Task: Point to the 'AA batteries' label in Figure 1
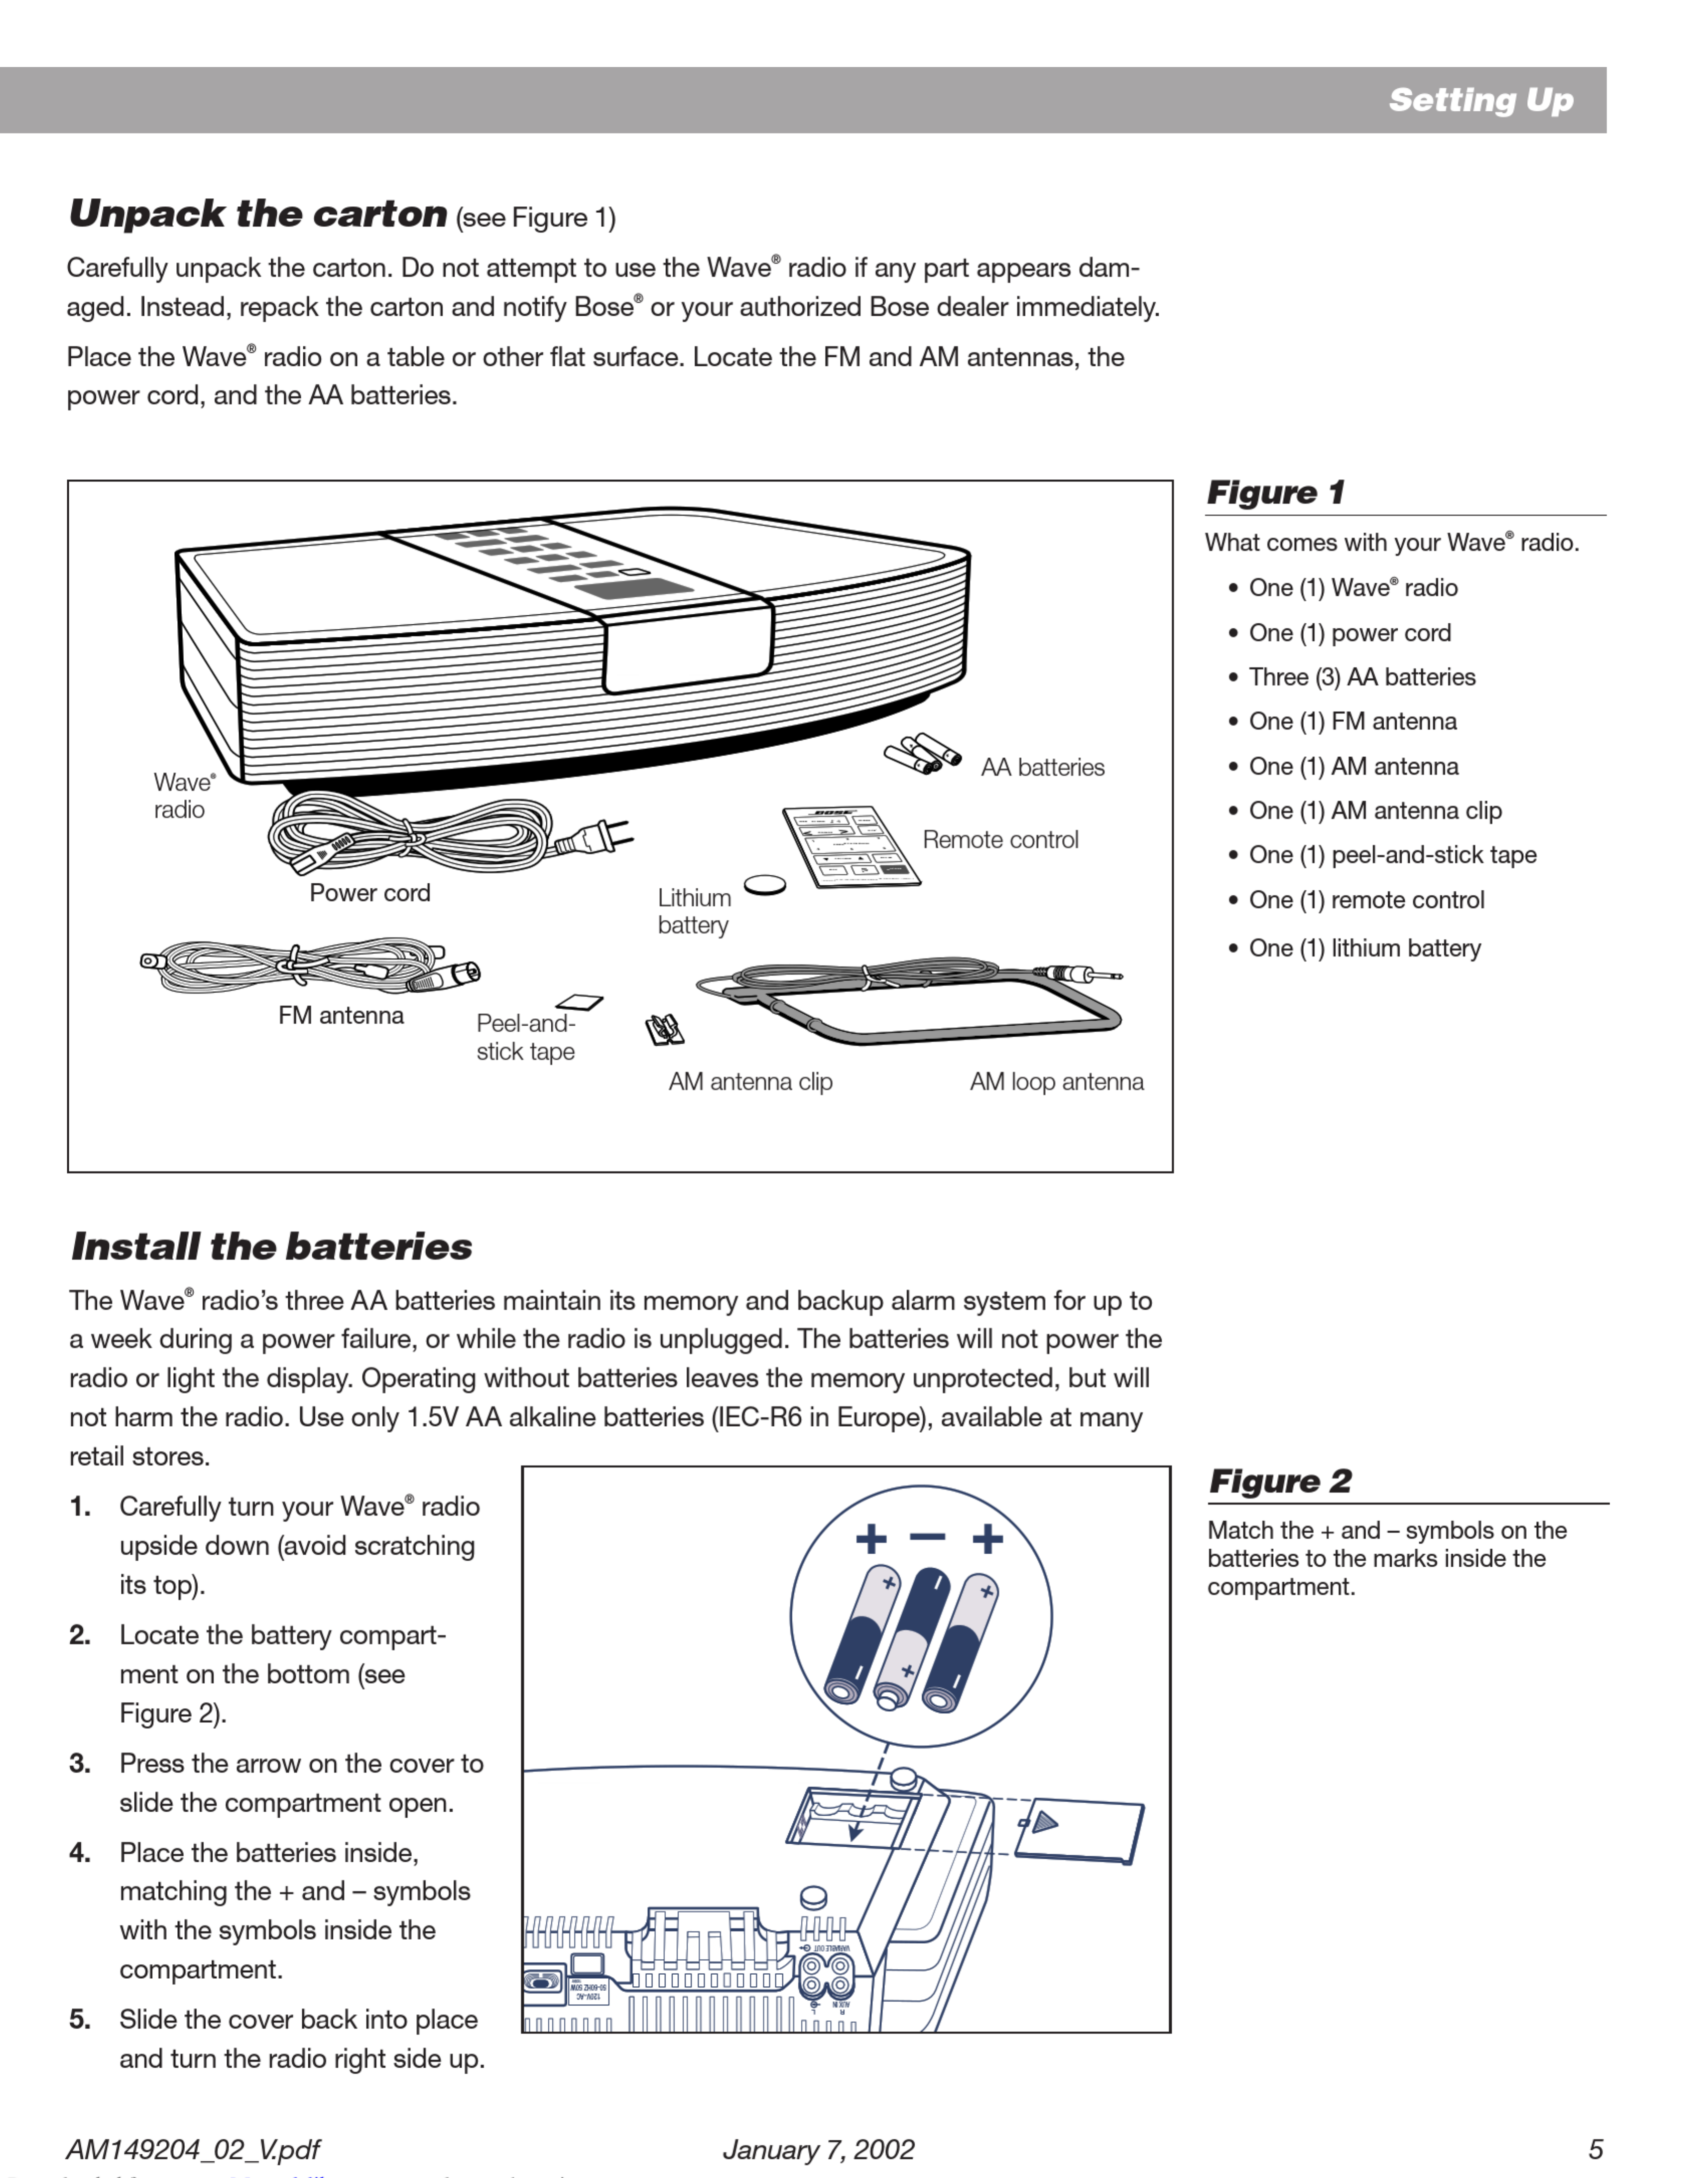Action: pos(1042,767)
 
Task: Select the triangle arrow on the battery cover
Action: pos(1044,1822)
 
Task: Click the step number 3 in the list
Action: pos(80,1763)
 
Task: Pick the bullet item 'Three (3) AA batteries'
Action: pos(1361,677)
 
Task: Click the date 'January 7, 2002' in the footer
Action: pos(818,2149)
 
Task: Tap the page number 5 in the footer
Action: pos(1596,2149)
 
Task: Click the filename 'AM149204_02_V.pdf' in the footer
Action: pos(193,2149)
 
